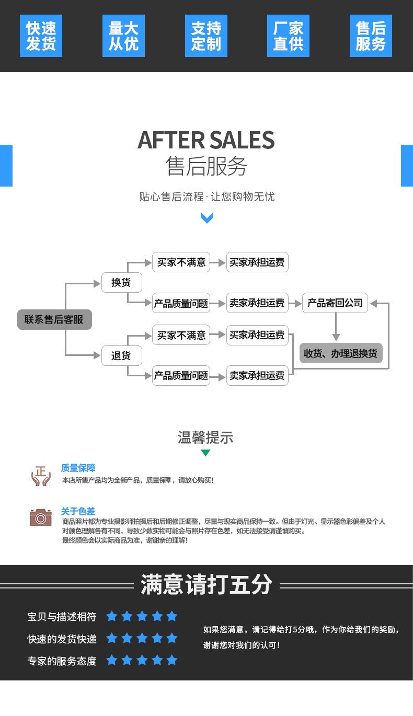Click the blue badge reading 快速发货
[x=41, y=36]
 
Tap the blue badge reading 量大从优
[x=123, y=36]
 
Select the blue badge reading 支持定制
[x=206, y=36]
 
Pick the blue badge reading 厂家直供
[x=288, y=36]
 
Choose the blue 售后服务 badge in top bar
[x=371, y=36]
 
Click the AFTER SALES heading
[x=206, y=140]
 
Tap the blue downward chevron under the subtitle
[x=207, y=218]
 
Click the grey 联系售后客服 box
[x=54, y=319]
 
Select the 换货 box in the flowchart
[x=121, y=283]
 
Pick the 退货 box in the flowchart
[x=121, y=356]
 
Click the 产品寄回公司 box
[x=335, y=303]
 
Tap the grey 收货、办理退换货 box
[x=341, y=353]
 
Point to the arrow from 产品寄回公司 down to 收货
[x=336, y=328]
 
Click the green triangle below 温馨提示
[x=205, y=453]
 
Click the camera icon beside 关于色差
[x=40, y=517]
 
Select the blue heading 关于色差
[x=78, y=511]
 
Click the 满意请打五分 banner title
[x=206, y=584]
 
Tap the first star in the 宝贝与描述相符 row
[x=112, y=616]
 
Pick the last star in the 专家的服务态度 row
[x=172, y=660]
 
